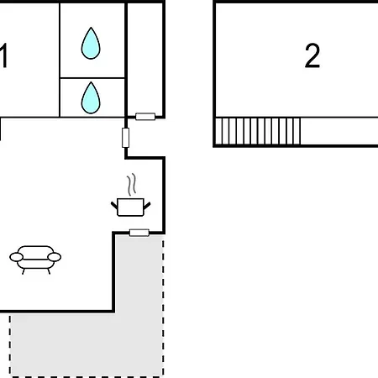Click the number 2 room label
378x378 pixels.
click(312, 55)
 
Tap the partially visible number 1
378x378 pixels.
click(3, 55)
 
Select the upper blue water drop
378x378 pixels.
click(91, 43)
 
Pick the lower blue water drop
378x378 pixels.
click(91, 97)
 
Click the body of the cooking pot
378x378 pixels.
click(130, 207)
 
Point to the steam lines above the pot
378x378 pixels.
click(132, 184)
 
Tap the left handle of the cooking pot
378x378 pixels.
click(114, 205)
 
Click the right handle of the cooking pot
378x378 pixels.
click(147, 206)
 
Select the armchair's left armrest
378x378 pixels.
click(16, 257)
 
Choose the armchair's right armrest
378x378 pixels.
click(55, 257)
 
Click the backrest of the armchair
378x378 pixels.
click(35, 250)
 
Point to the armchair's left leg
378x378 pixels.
click(24, 271)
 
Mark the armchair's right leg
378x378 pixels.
click(49, 271)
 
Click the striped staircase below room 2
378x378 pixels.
click(258, 131)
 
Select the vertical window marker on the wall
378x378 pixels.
click(126, 138)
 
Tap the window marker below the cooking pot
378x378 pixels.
click(139, 233)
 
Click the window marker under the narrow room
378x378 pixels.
click(145, 117)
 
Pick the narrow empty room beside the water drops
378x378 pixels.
click(144, 59)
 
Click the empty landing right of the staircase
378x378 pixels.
click(339, 131)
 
